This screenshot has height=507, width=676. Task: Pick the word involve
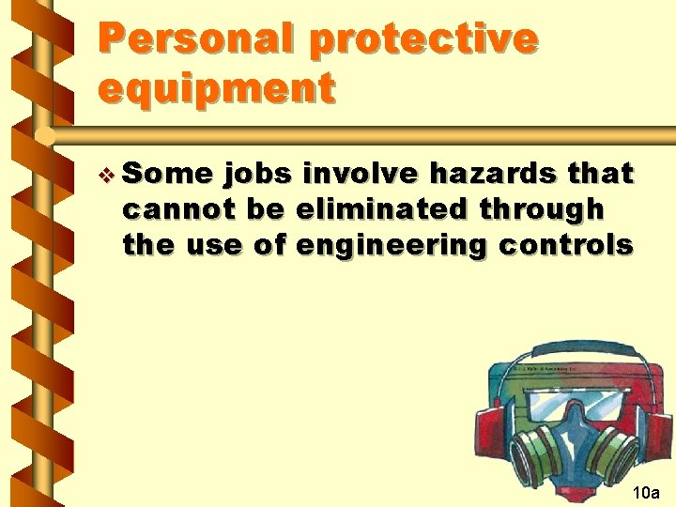click(362, 174)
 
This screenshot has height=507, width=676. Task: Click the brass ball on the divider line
click(43, 136)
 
